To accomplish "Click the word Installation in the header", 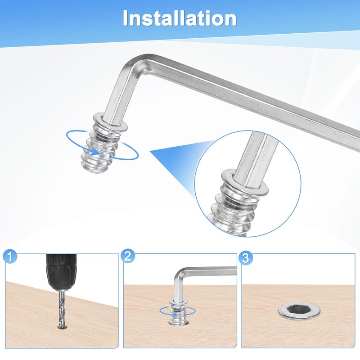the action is pyautogui.click(x=180, y=18).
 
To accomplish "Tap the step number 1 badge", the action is pyautogui.click(x=10, y=256).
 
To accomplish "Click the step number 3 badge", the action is pyautogui.click(x=246, y=257).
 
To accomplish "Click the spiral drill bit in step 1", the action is pyautogui.click(x=61, y=309).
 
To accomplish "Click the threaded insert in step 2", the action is pyautogui.click(x=177, y=312).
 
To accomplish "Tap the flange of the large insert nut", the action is pyautogui.click(x=111, y=121).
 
